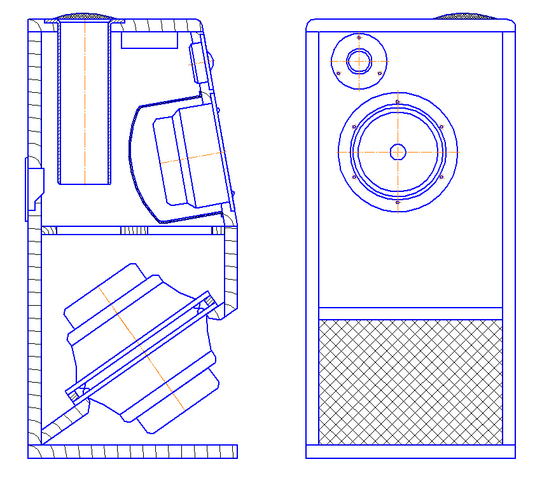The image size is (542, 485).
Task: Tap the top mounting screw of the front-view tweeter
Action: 359,38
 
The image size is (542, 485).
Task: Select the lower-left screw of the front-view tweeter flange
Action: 338,73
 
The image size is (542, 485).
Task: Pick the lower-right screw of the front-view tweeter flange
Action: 380,73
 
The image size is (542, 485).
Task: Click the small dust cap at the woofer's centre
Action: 398,152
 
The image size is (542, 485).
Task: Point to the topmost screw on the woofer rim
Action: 398,102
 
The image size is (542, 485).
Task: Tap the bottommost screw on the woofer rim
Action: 398,202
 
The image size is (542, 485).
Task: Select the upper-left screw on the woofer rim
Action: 354,126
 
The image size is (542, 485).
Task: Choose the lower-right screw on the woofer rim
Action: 441,177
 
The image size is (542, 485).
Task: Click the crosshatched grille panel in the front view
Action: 410,382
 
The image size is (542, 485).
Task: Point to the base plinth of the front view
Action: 410,451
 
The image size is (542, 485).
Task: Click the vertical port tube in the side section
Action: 85,102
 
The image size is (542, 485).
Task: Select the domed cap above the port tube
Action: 85,16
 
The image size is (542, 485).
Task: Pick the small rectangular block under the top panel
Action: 149,41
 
